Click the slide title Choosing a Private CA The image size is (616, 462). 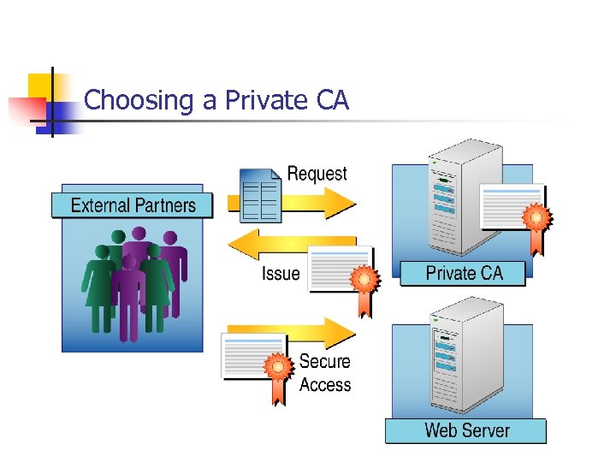pos(217,101)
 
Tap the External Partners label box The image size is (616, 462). pos(133,205)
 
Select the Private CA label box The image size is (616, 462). pos(464,274)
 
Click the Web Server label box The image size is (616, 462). pos(466,430)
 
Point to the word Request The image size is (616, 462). pos(317,174)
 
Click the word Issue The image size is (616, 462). pos(281,274)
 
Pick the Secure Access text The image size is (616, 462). pos(324,373)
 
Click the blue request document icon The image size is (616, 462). pos(260,193)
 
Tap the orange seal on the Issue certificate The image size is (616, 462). pos(364,280)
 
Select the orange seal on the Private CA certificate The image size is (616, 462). pos(536,218)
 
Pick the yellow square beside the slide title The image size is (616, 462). pos(40,86)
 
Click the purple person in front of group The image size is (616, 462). pos(129,291)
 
